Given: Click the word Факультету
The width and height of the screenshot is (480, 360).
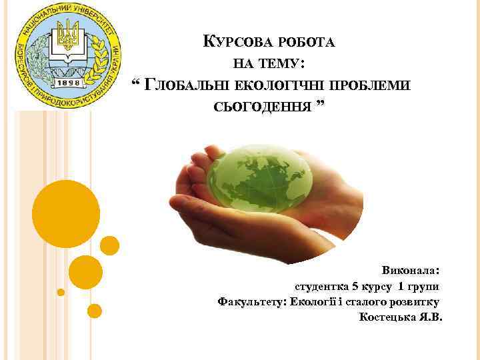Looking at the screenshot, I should [251, 301].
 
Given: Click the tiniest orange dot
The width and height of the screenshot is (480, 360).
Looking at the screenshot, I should [61, 292].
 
